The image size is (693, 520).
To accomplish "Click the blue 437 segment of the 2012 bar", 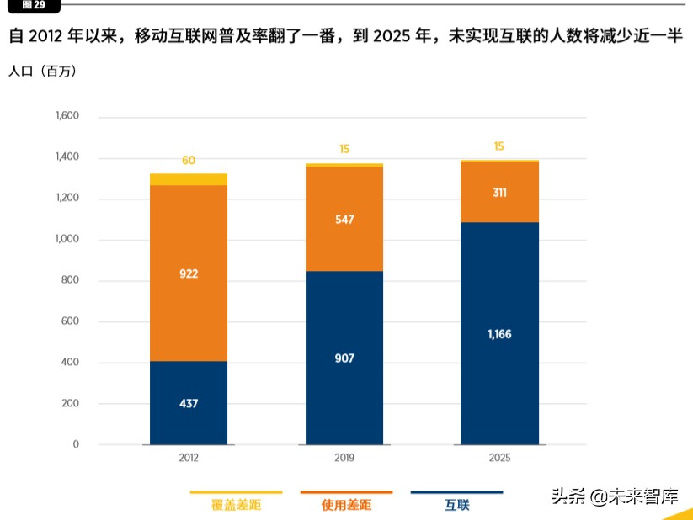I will pyautogui.click(x=189, y=403).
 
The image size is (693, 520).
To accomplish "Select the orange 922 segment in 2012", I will pyautogui.click(x=189, y=273).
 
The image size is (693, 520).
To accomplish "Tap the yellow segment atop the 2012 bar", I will pyautogui.click(x=189, y=179).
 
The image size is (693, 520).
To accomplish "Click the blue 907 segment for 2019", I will pyautogui.click(x=344, y=358).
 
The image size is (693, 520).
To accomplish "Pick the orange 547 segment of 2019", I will pyautogui.click(x=344, y=219).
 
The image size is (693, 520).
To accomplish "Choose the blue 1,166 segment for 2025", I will pyautogui.click(x=499, y=334).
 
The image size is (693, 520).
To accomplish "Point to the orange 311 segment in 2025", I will pyautogui.click(x=499, y=192).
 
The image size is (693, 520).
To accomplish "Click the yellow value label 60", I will pyautogui.click(x=189, y=160).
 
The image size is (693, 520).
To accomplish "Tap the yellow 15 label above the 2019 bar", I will pyautogui.click(x=344, y=149).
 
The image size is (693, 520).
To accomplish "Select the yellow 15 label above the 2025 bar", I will pyautogui.click(x=499, y=146).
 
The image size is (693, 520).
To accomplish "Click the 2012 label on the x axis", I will pyautogui.click(x=189, y=459).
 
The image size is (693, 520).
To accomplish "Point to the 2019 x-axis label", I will pyautogui.click(x=344, y=459).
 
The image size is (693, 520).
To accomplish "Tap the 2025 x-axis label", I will pyautogui.click(x=499, y=459).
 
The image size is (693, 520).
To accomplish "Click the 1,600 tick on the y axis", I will pyautogui.click(x=67, y=116).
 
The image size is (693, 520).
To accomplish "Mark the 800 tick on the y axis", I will pyautogui.click(x=70, y=280).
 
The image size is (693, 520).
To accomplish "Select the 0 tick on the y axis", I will pyautogui.click(x=75, y=444).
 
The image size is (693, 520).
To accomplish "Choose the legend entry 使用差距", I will pyautogui.click(x=346, y=506).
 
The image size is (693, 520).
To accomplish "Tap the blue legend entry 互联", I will pyautogui.click(x=456, y=506).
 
